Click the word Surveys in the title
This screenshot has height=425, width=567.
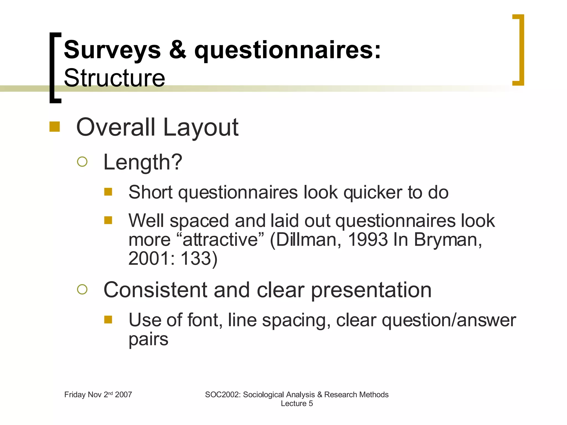(x=112, y=50)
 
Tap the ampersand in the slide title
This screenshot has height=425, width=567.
(x=177, y=50)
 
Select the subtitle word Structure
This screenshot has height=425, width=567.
(x=114, y=78)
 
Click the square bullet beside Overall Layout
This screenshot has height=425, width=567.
(x=55, y=127)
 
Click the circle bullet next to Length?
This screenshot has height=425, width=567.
(x=82, y=162)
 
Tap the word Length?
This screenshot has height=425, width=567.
(x=143, y=162)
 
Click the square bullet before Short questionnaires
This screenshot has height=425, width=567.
(x=108, y=192)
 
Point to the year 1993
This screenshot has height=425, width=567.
(x=367, y=240)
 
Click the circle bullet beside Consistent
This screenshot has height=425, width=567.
(x=82, y=289)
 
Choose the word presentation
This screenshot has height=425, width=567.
(x=371, y=291)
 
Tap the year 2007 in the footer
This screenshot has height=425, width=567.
(x=123, y=395)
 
